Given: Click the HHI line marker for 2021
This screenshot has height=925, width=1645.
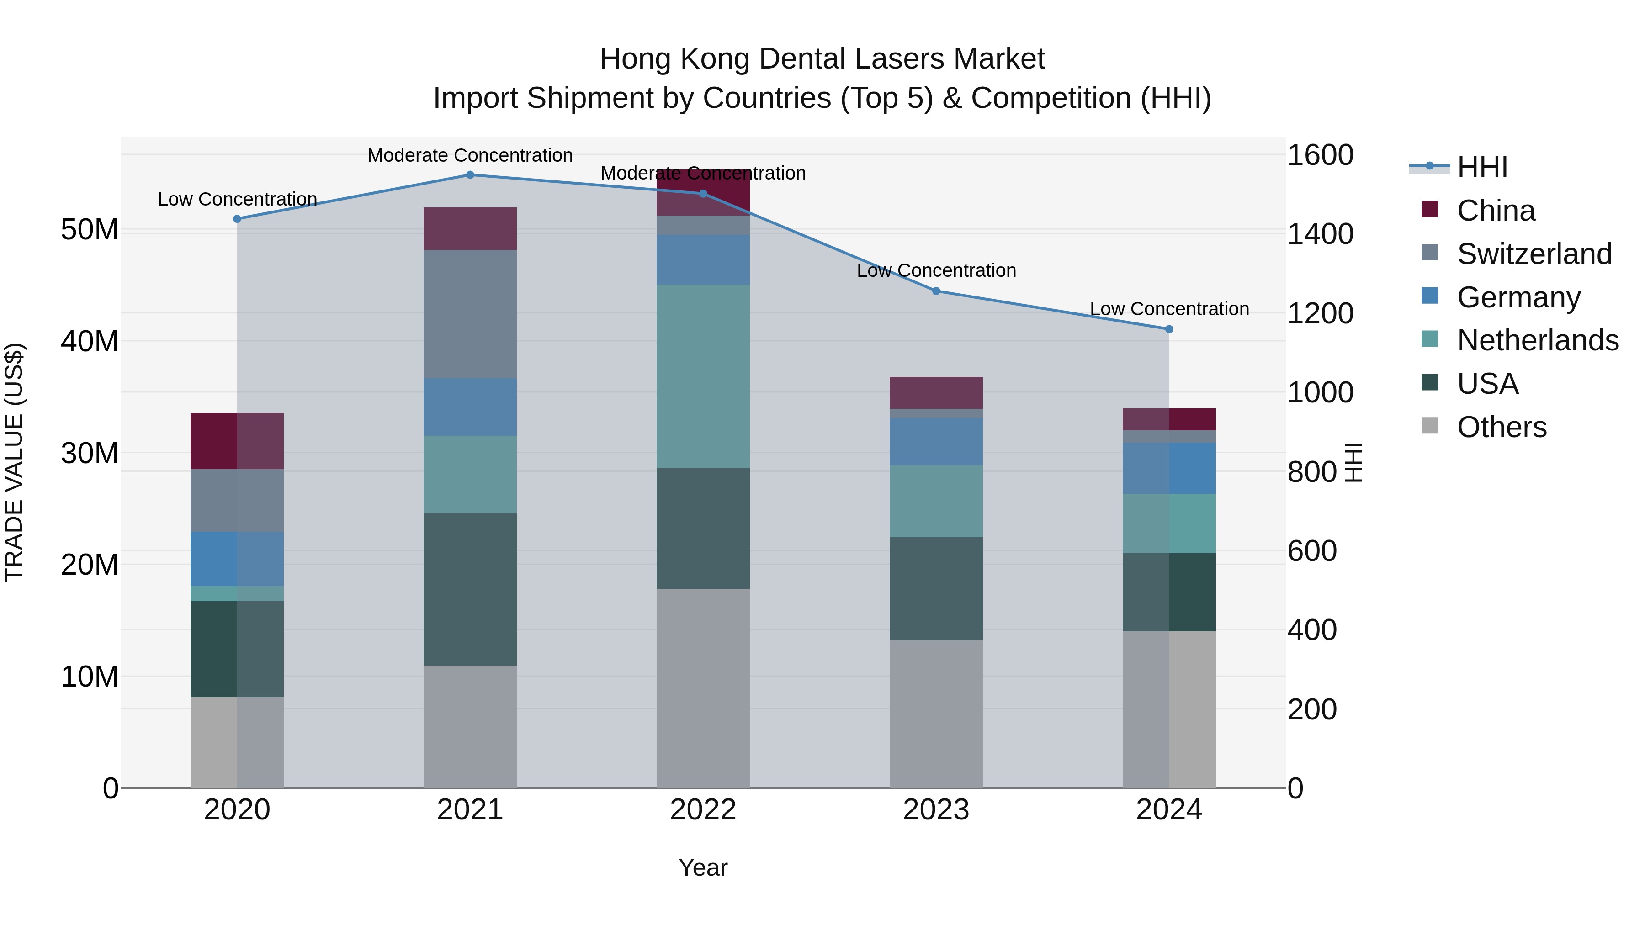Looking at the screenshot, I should [470, 175].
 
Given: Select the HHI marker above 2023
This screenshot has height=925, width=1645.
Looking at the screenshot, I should [936, 291].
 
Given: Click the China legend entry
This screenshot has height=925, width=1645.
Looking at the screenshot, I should [1496, 211].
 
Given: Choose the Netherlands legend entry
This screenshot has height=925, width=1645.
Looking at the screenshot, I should [1538, 340].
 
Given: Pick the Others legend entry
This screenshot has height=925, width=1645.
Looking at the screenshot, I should [1502, 427].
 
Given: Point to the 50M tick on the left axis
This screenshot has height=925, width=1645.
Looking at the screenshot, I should [90, 230].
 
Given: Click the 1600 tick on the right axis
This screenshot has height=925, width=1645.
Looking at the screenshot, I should [1319, 155].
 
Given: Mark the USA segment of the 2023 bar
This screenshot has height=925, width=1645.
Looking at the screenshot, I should [936, 589].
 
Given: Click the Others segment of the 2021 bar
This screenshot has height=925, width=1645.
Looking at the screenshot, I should [470, 726].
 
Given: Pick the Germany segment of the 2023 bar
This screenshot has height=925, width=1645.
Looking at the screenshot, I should [936, 442].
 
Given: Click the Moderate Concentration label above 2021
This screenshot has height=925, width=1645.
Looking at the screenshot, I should [470, 156].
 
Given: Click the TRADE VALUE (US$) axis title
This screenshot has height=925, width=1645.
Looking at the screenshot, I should [14, 462].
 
